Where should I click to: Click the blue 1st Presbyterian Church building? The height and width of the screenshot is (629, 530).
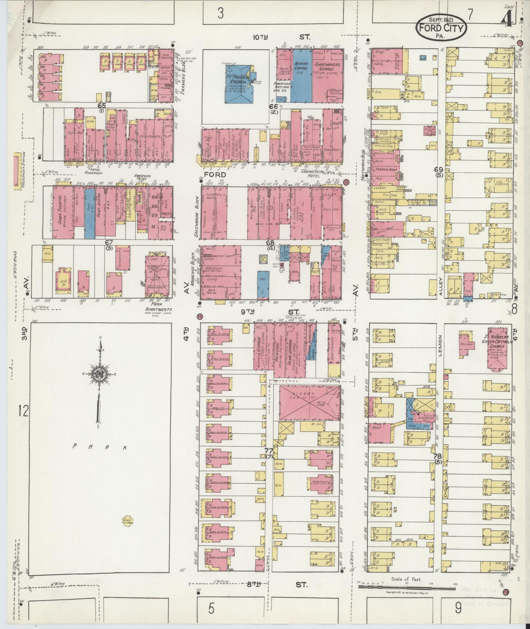click(x=237, y=83)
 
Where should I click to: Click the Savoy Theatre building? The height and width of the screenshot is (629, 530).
click(x=63, y=212)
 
